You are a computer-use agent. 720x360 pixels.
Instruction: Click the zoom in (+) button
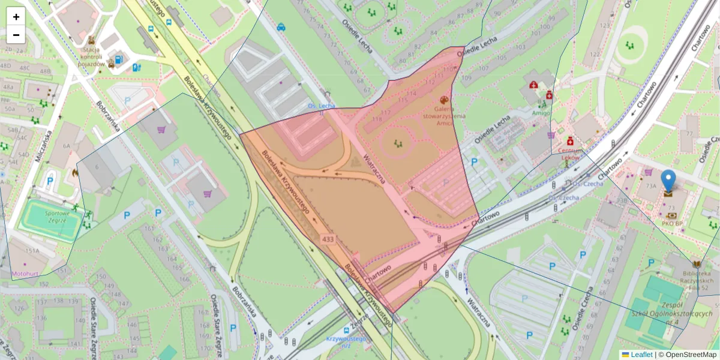(x=16, y=17)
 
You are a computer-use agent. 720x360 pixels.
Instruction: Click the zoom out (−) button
(x=16, y=35)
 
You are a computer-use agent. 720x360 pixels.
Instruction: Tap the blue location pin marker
(x=668, y=182)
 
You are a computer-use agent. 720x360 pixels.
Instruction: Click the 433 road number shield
(x=328, y=239)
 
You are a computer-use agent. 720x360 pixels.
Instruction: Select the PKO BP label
(x=672, y=224)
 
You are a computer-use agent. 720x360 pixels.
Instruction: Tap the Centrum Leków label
(x=571, y=154)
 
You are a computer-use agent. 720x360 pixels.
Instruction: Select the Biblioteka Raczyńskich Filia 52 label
(x=696, y=278)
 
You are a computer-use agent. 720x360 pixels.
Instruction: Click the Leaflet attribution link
(x=640, y=355)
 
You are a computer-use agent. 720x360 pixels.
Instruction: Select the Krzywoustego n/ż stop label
(x=346, y=341)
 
